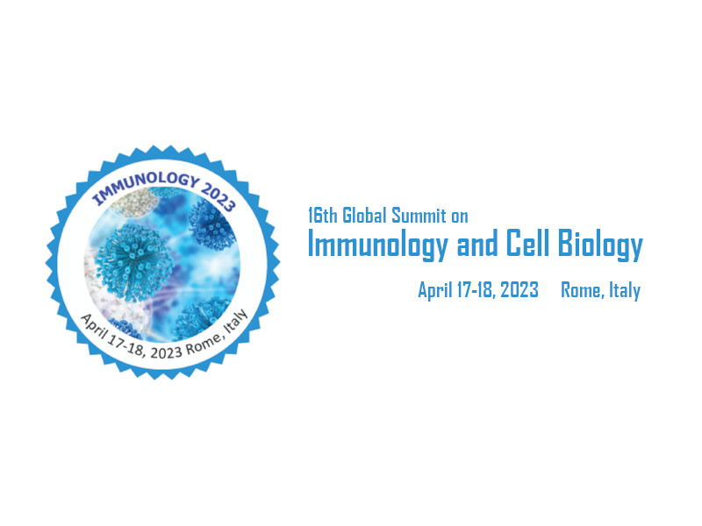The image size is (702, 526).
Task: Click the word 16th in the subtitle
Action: tap(322, 216)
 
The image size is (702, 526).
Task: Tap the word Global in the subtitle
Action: tap(364, 215)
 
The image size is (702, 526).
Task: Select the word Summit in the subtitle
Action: tap(419, 216)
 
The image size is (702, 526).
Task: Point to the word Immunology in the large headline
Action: tap(378, 245)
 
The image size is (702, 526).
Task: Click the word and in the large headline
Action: tap(477, 244)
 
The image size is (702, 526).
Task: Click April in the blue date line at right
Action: tap(435, 291)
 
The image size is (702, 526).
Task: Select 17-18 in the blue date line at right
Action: tap(476, 290)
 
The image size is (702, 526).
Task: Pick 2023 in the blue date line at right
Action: tap(519, 290)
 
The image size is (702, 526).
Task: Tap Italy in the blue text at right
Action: tap(625, 291)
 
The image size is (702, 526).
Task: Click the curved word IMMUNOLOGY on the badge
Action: tap(146, 185)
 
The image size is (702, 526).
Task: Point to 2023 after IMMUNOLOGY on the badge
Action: tap(218, 197)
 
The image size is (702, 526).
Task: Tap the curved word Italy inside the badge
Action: tap(236, 321)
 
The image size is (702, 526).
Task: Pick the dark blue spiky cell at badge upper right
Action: tap(211, 225)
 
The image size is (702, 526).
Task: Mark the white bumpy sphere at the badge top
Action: tap(133, 203)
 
